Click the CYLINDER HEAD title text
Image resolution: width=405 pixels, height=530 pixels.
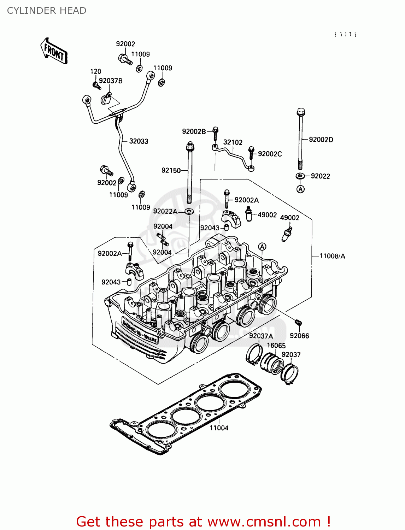point(47,11)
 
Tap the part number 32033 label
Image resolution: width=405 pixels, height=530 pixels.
point(139,141)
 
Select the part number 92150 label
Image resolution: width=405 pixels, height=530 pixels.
point(171,170)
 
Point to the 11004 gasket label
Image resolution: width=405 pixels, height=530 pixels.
point(219,428)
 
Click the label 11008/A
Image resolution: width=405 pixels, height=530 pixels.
point(332,256)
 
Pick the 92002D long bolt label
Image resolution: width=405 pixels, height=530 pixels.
point(321,140)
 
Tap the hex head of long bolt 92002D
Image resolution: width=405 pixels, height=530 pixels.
point(301,112)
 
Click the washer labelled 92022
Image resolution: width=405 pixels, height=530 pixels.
point(300,176)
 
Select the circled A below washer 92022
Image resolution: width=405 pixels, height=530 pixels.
point(300,189)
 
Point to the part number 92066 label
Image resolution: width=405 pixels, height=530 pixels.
point(299,336)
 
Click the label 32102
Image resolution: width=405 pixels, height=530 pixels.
point(233,142)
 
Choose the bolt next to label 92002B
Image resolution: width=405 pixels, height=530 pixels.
point(215,132)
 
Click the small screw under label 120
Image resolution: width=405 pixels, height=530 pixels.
point(96,85)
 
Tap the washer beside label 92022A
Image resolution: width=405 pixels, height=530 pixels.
point(189,211)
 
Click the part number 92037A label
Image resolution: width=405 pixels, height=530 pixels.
point(261,336)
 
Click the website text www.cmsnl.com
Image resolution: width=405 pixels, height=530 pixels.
point(264,522)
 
